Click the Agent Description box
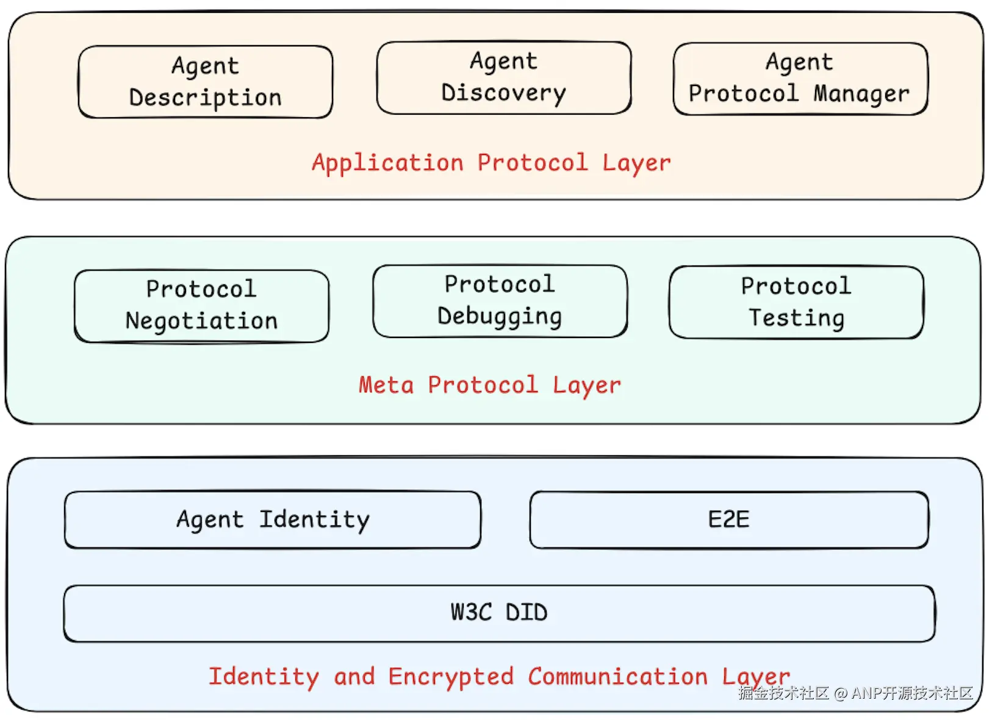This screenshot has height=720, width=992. [x=205, y=81]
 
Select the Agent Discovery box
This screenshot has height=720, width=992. [x=503, y=77]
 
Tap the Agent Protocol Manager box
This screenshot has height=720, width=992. [x=800, y=78]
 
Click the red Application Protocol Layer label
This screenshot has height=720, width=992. [x=491, y=163]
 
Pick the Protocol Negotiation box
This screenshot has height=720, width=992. [x=201, y=305]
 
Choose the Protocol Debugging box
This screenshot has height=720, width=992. [x=500, y=300]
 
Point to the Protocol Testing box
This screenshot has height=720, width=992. [x=796, y=301]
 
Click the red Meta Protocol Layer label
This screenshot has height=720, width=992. [x=489, y=385]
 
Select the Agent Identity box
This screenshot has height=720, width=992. [x=272, y=519]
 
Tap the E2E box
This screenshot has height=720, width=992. [x=728, y=519]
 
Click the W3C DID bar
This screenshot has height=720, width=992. [x=498, y=613]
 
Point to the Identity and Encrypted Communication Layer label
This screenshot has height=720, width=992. [x=499, y=677]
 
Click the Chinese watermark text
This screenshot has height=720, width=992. [x=855, y=693]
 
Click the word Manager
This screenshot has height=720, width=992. [x=861, y=94]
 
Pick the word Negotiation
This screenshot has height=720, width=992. [x=201, y=321]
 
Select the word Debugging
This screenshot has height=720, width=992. [x=500, y=316]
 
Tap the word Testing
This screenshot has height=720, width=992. [x=796, y=318]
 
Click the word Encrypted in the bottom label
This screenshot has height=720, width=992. [x=451, y=677]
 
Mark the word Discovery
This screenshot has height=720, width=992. [x=503, y=93]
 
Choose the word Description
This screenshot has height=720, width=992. [x=205, y=98]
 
